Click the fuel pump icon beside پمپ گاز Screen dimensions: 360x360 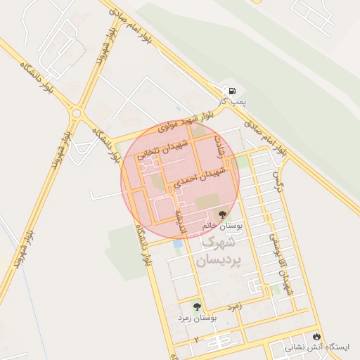[x=229, y=91]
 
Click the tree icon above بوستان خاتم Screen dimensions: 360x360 [x=223, y=214]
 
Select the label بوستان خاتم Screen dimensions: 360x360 [x=221, y=227]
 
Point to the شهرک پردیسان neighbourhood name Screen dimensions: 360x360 [x=219, y=252]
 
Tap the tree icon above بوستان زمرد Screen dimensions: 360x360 [x=197, y=307]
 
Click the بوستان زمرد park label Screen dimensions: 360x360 [x=197, y=319]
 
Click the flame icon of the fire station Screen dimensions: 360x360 [x=317, y=335]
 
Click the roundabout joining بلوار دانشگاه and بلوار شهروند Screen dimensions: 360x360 [x=76, y=112]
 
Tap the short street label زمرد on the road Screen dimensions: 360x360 [x=234, y=307]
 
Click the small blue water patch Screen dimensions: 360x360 [x=177, y=245]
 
